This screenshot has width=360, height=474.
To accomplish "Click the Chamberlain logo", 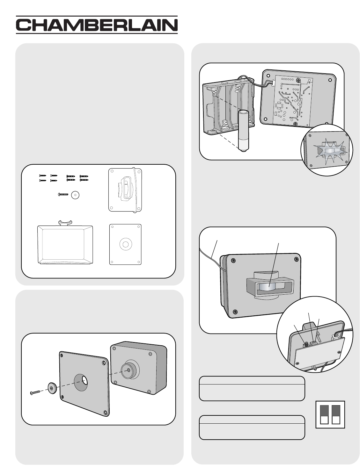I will pos(97,25).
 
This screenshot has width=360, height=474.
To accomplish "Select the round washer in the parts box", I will pos(76,195).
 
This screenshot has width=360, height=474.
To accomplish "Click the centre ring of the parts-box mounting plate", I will pos(125,245).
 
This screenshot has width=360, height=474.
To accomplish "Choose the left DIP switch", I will pos(324,414).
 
